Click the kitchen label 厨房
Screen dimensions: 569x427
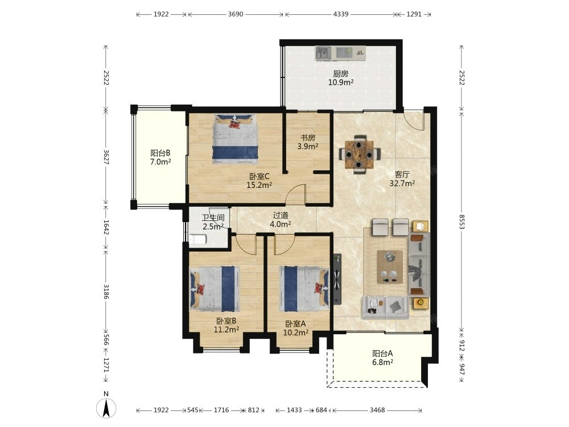(x=341, y=73)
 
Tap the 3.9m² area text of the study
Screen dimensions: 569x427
(x=308, y=146)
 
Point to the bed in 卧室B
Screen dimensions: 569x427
(x=215, y=289)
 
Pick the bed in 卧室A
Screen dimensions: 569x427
(x=304, y=289)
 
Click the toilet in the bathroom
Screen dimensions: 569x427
(x=198, y=239)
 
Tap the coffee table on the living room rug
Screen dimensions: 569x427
(x=390, y=267)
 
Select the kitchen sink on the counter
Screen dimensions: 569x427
(x=323, y=54)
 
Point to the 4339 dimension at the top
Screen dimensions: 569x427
(x=341, y=14)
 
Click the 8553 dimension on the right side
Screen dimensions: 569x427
(x=461, y=221)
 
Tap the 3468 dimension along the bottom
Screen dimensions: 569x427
(x=377, y=410)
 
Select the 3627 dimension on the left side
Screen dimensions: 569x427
(x=106, y=157)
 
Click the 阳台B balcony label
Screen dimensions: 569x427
(x=160, y=153)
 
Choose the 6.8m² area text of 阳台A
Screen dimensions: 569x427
(x=383, y=362)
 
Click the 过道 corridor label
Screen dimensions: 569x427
(x=281, y=215)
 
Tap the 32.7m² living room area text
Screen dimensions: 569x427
(x=402, y=183)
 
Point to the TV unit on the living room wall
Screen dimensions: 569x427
(x=337, y=279)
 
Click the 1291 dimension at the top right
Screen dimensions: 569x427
(x=414, y=14)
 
